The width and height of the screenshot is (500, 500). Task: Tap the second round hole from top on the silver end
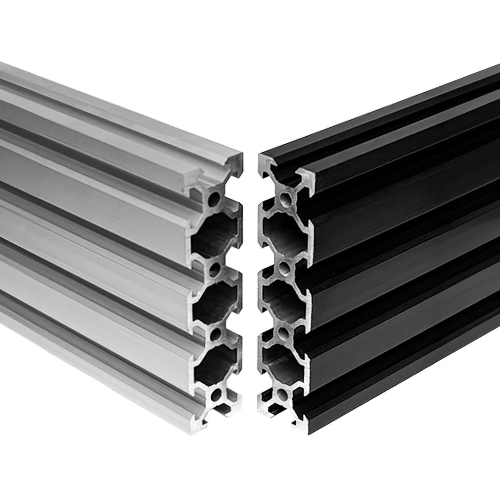point(214,268)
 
